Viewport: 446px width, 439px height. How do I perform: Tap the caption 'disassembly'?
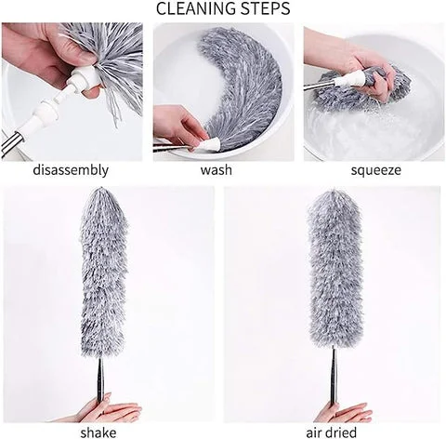point(71,170)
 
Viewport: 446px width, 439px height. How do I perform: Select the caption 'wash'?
point(216,170)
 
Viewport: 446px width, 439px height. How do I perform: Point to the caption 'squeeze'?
point(375,170)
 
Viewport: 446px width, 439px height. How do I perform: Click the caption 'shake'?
point(98,432)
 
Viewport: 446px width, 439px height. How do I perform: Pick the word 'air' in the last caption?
point(314,432)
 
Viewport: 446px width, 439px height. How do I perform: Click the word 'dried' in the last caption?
point(342,432)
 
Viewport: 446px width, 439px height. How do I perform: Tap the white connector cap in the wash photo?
point(211,144)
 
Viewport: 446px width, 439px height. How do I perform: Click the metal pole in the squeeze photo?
point(319,85)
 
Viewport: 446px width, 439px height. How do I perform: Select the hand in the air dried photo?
point(344,412)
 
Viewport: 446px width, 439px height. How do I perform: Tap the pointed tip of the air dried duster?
point(333,190)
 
